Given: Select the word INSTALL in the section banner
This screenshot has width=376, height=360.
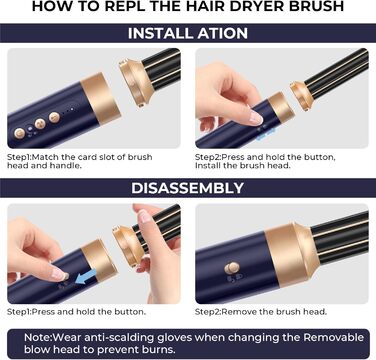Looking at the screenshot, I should pos(162,34).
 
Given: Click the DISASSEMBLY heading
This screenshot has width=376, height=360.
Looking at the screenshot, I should pos(188,187).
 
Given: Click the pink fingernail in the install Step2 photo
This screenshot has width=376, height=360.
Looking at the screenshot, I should pos(255,118).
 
